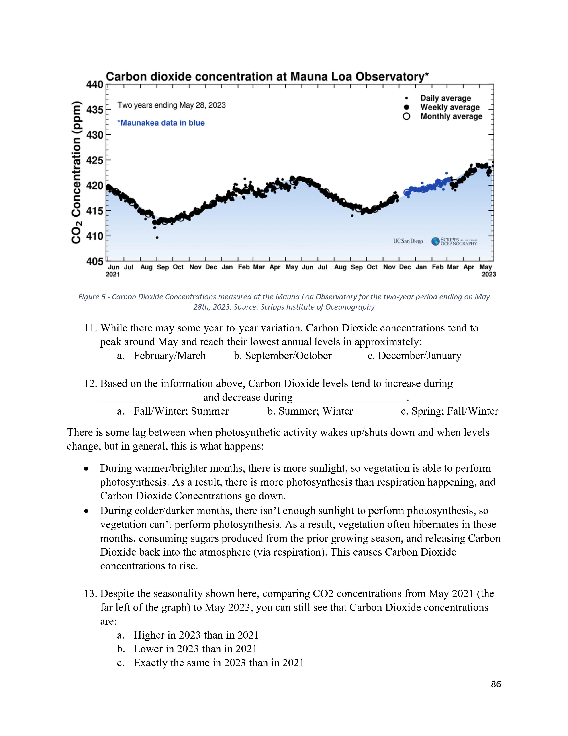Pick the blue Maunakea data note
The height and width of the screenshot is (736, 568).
click(161, 123)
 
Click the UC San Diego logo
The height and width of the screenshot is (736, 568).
click(408, 241)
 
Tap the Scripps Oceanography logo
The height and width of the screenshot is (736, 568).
click(454, 241)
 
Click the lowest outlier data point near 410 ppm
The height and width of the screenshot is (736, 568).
click(157, 238)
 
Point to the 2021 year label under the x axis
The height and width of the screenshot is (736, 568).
click(113, 274)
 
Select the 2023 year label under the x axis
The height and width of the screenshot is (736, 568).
click(488, 274)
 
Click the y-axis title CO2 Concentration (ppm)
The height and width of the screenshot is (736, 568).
click(76, 172)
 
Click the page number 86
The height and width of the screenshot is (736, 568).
click(496, 684)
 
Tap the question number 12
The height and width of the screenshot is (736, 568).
click(90, 384)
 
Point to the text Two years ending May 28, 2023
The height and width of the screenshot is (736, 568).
click(171, 105)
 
